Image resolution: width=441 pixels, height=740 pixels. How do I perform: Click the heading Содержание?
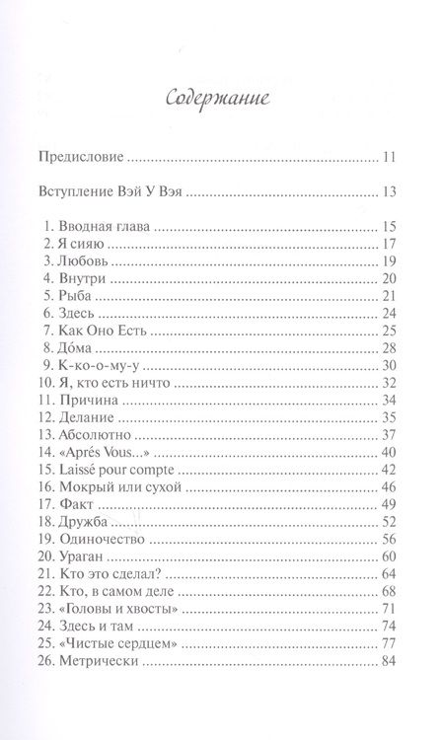point(219,99)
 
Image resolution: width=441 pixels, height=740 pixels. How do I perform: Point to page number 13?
point(390,191)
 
